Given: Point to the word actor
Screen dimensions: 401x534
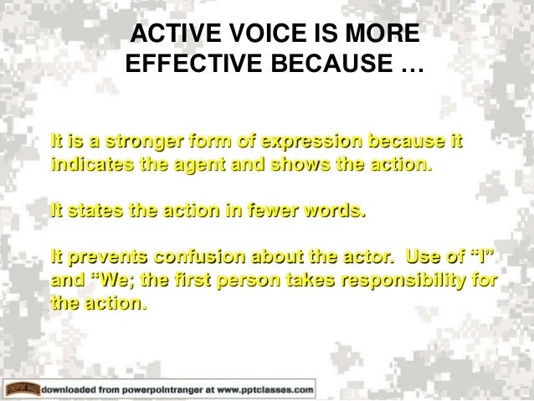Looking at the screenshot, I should pos(374,255).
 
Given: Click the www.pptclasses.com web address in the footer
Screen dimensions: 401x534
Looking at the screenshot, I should pos(269,390).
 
